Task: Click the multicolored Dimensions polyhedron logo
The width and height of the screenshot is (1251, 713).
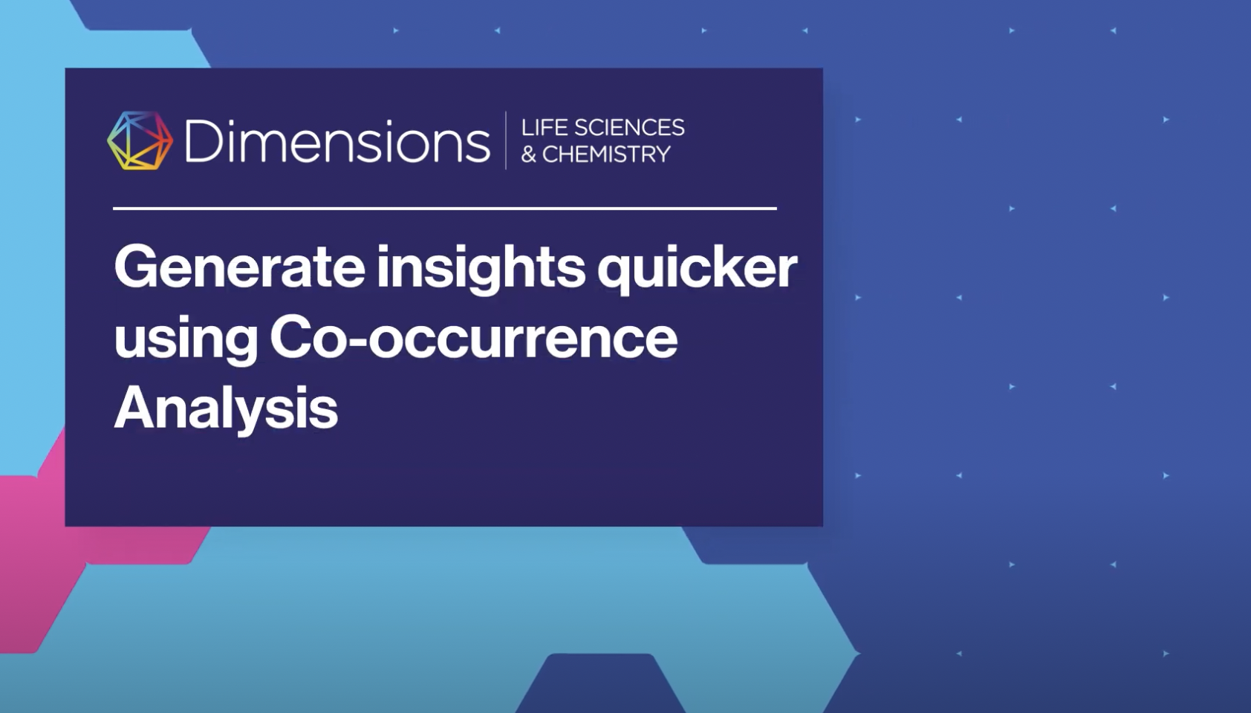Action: click(140, 140)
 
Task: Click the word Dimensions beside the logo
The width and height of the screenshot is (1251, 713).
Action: click(337, 141)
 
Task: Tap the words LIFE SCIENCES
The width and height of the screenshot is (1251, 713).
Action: click(602, 128)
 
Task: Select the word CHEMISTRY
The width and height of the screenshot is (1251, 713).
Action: click(606, 154)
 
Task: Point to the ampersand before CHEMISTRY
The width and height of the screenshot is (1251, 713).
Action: click(528, 154)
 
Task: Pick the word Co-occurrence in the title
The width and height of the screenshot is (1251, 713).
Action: click(473, 338)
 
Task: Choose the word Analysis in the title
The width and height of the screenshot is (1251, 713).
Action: click(226, 408)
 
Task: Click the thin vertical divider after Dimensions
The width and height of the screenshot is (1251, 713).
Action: click(506, 140)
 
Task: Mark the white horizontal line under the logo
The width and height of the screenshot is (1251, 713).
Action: click(444, 209)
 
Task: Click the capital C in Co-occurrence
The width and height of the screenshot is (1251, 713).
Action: click(290, 338)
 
